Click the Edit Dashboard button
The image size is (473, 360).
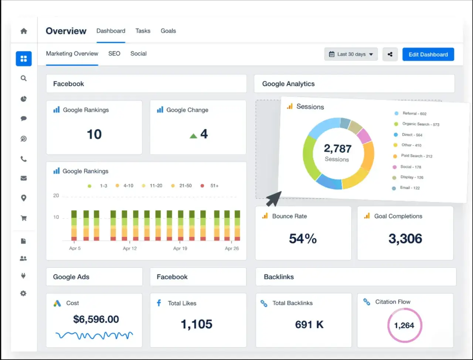(x=428, y=54)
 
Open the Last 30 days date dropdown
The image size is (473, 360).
(x=351, y=54)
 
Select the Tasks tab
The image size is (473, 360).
(x=143, y=31)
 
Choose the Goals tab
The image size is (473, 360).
(x=168, y=31)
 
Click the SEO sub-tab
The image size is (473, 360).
(x=114, y=54)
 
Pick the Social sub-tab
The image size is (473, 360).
(x=138, y=54)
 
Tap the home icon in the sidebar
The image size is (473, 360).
(x=24, y=31)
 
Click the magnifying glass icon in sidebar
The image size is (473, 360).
(x=24, y=78)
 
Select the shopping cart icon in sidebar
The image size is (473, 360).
(x=24, y=218)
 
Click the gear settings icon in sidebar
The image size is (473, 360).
(x=23, y=293)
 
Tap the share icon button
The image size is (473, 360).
(x=390, y=54)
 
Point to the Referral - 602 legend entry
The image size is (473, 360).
(x=411, y=114)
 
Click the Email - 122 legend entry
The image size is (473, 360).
(x=406, y=188)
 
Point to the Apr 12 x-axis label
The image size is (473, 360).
(x=130, y=249)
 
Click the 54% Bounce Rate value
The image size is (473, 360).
(x=303, y=239)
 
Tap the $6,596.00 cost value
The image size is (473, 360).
(x=96, y=319)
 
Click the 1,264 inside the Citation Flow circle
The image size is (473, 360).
(x=404, y=325)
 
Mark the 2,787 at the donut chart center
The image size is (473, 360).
(x=338, y=149)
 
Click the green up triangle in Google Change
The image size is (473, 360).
(x=193, y=136)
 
